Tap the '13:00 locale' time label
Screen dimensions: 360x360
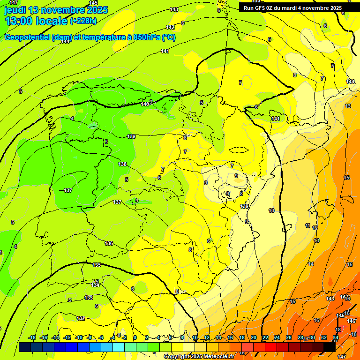click(x=37, y=21)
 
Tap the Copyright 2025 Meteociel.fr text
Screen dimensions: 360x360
click(x=199, y=357)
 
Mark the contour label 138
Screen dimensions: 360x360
click(x=122, y=164)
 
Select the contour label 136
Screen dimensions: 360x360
click(x=109, y=243)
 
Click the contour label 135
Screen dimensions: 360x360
click(x=97, y=265)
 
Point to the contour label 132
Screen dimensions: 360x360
click(x=81, y=318)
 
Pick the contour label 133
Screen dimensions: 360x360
click(x=89, y=298)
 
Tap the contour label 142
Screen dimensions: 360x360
click(x=170, y=27)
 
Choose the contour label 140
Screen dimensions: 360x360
click(x=145, y=104)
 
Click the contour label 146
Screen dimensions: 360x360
click(x=351, y=321)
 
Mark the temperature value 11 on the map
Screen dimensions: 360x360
click(x=307, y=225)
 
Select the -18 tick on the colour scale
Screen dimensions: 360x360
click(x=32, y=337)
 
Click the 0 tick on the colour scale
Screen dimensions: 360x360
click(x=135, y=337)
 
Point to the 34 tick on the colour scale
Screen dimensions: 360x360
click(x=336, y=337)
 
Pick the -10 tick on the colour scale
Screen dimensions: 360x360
click(x=79, y=337)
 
